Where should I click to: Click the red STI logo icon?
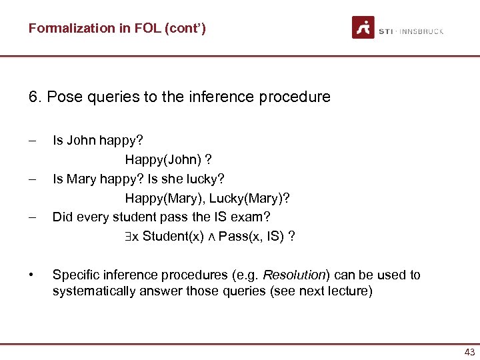tap(363, 27)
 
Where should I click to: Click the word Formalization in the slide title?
tap(62, 28)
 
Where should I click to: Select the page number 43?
tap(469, 353)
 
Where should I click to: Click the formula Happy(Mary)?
tap(165, 199)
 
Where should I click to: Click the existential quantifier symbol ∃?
tap(128, 237)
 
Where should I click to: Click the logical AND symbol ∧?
tap(211, 237)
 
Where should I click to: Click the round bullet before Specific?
tap(31, 275)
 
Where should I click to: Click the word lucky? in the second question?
tap(207, 179)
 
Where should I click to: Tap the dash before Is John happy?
tap(32, 141)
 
